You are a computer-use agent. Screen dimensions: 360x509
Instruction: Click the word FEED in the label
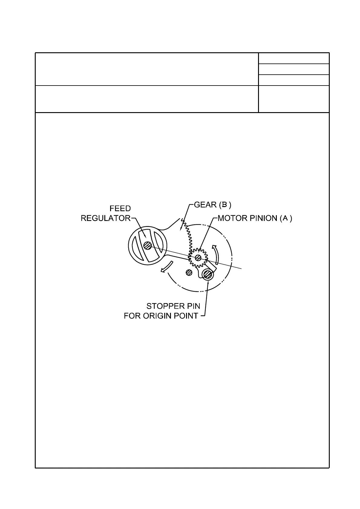(x=120, y=209)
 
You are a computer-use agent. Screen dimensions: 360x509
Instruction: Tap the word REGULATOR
(x=105, y=218)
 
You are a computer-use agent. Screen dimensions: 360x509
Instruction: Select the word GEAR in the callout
(x=205, y=205)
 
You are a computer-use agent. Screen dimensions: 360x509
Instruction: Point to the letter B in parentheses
(x=224, y=205)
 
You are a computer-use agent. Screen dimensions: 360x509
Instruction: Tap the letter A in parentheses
(x=285, y=218)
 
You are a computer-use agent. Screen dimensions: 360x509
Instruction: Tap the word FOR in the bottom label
(x=131, y=316)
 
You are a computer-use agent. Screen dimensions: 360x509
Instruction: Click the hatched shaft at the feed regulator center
(x=148, y=246)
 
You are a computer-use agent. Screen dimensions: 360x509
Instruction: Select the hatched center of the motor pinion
(x=198, y=258)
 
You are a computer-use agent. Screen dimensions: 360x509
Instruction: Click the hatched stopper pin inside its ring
(x=208, y=274)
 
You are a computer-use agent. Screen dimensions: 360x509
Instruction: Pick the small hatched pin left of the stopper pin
(x=189, y=273)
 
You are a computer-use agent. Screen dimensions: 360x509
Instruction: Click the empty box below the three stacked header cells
(x=293, y=99)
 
